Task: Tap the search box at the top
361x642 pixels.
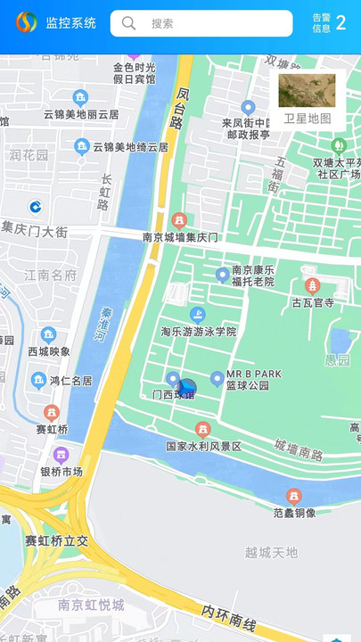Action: click(x=201, y=23)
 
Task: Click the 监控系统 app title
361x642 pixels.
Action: click(x=71, y=23)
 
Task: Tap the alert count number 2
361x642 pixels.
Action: click(x=340, y=22)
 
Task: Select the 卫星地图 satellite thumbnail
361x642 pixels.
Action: click(x=307, y=91)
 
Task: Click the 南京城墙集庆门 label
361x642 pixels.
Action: click(x=180, y=238)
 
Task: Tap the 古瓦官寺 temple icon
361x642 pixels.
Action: click(x=312, y=286)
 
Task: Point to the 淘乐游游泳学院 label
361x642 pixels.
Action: click(x=198, y=331)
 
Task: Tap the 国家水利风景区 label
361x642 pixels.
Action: click(x=203, y=446)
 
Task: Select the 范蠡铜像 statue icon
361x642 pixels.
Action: click(x=293, y=496)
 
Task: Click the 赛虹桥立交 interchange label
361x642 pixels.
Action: click(x=56, y=540)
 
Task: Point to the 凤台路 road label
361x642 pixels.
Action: click(x=182, y=107)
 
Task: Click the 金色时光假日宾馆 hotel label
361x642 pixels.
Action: click(x=134, y=73)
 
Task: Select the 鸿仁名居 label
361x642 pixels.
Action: click(x=70, y=381)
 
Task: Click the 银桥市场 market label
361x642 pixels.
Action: click(x=62, y=472)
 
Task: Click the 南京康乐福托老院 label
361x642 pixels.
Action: click(x=253, y=276)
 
